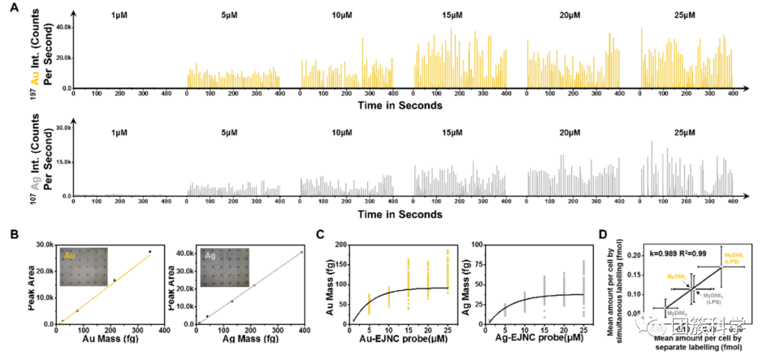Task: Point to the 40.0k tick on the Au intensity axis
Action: click(64, 26)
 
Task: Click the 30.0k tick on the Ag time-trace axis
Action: click(64, 128)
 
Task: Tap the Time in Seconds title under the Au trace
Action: click(400, 106)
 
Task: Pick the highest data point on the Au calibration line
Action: click(150, 251)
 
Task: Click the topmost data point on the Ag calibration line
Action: click(301, 251)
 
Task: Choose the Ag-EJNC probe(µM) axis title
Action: click(534, 341)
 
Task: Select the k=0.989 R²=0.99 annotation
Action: click(678, 253)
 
